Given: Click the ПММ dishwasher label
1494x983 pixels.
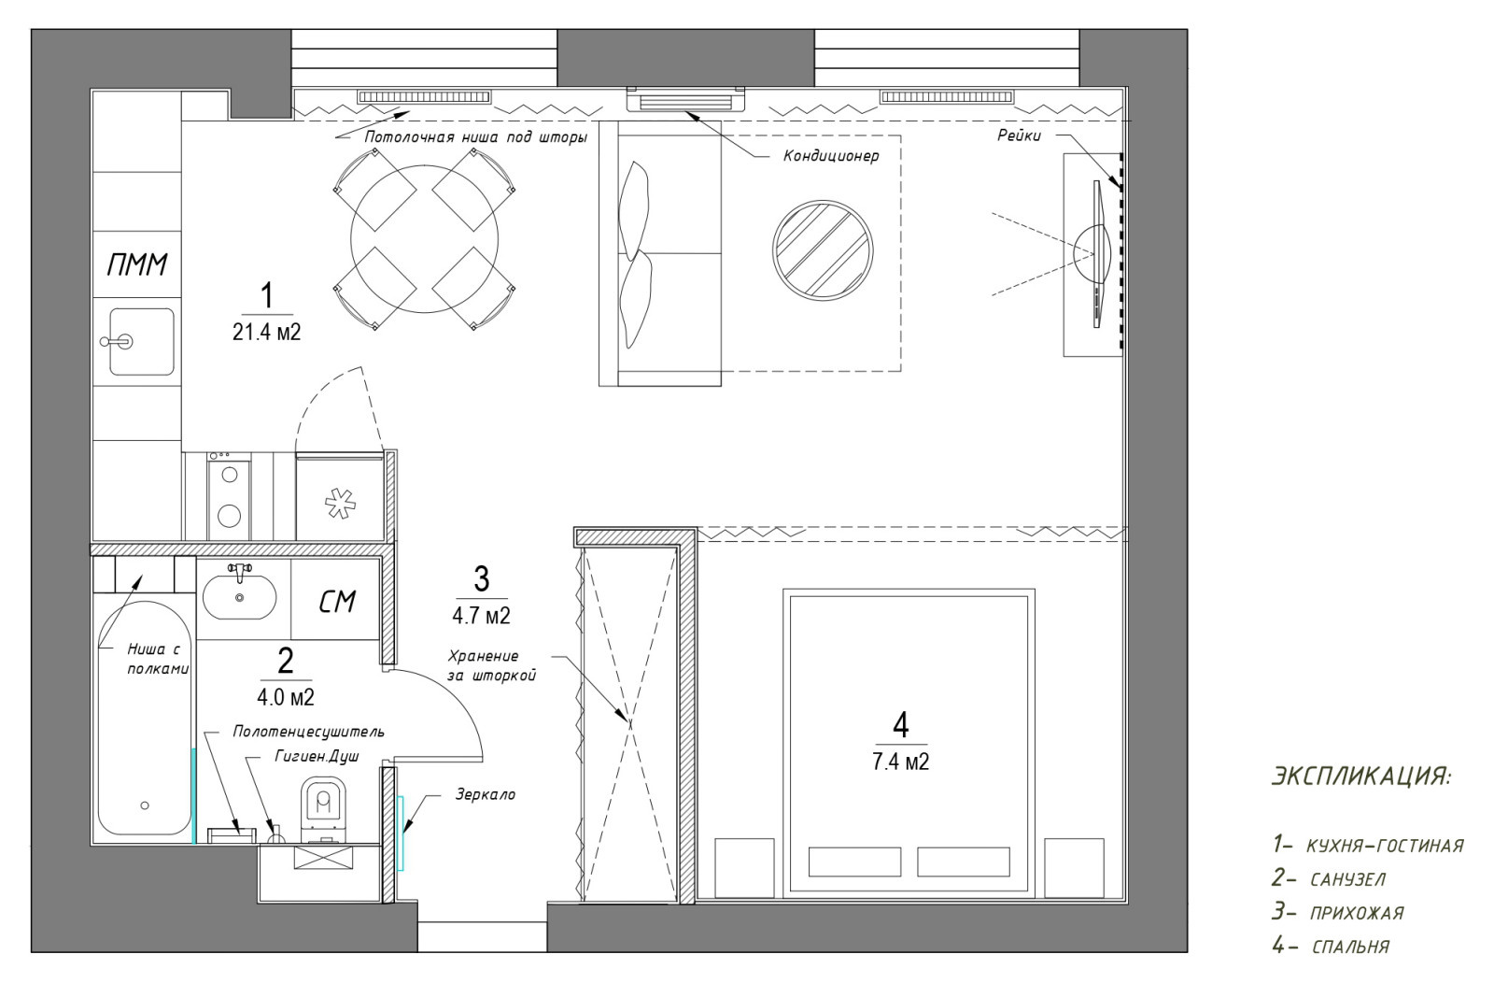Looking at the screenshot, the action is tap(137, 265).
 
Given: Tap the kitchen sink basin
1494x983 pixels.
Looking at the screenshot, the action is tap(141, 342).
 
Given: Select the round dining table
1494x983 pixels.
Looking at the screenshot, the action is tap(425, 239).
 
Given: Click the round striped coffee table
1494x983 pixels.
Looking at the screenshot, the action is tap(823, 249).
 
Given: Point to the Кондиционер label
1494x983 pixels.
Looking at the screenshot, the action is tap(831, 156).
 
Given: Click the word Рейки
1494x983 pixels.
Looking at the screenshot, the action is tap(1019, 135).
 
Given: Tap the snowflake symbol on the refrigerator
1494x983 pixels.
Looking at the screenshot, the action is tap(340, 503).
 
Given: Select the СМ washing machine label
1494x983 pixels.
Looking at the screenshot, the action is tap(337, 602).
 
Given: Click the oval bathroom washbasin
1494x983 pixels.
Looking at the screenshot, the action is tap(239, 598).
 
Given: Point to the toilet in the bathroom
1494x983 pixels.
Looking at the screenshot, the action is tap(324, 809).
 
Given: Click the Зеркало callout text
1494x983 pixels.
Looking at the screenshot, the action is tap(486, 795).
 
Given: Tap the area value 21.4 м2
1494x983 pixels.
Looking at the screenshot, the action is tap(267, 332).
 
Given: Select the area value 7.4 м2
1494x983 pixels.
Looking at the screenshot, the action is tap(901, 761).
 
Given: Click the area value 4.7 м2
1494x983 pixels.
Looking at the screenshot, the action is tap(482, 615).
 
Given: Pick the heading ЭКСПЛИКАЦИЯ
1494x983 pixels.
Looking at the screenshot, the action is tap(1361, 776).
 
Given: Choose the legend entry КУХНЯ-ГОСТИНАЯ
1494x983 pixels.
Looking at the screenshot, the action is tap(1385, 847).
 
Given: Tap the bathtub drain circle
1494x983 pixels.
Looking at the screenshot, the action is tap(145, 805).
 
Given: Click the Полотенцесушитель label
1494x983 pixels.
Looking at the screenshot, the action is tap(309, 732).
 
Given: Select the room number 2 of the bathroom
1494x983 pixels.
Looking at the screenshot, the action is tap(285, 662).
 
